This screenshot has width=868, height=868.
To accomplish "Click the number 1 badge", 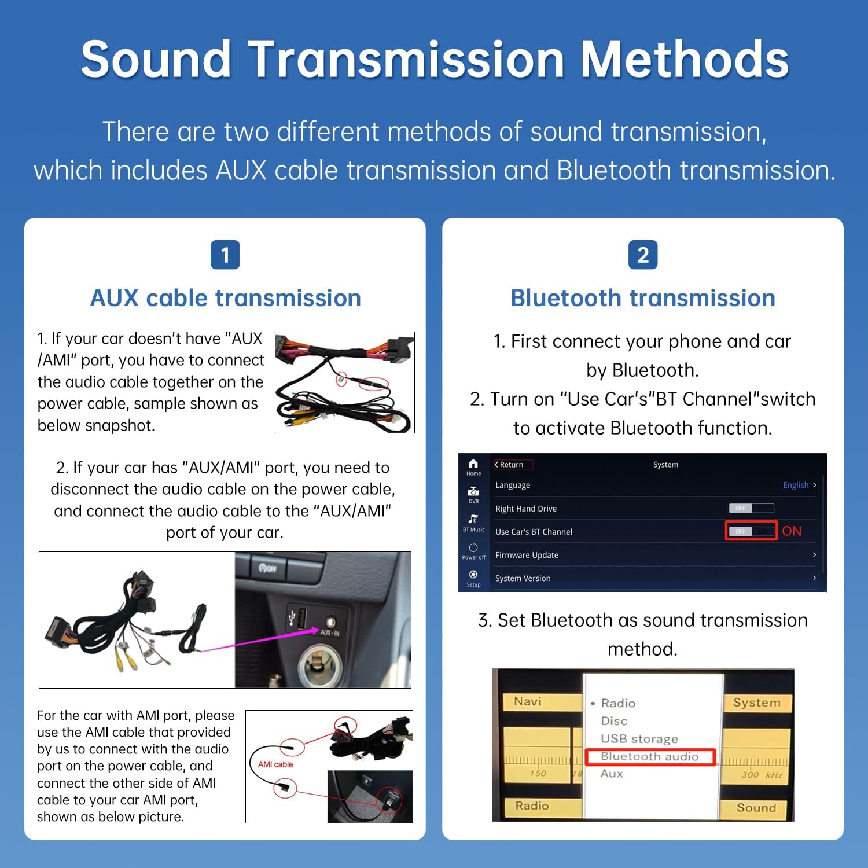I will tap(225, 255).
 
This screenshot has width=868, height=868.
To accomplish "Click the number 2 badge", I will tap(643, 255).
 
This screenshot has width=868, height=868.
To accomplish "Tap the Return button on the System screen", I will tap(510, 464).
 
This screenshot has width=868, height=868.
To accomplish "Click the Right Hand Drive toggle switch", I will tap(751, 508).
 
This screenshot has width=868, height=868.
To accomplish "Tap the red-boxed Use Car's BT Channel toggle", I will tap(751, 531).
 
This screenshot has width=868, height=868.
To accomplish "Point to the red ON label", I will tap(792, 531).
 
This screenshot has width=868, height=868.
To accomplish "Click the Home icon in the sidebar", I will tap(473, 466).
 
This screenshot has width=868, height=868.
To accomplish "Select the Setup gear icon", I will tap(473, 576).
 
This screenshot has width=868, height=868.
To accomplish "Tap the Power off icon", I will tap(473, 550).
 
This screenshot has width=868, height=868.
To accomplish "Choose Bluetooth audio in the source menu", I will tap(650, 756).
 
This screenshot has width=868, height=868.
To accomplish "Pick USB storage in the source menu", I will tap(639, 739).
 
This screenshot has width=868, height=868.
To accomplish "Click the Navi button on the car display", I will tap(528, 701).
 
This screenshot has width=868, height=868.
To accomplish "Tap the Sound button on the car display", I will tap(756, 808).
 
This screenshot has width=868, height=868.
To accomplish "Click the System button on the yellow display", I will tap(756, 703).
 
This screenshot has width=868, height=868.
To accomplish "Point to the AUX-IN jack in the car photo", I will tap(330, 622).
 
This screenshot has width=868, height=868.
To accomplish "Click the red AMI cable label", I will tap(275, 764).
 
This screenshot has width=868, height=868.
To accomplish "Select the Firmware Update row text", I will tap(527, 555).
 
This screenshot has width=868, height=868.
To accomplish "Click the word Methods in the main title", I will tap(685, 59).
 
